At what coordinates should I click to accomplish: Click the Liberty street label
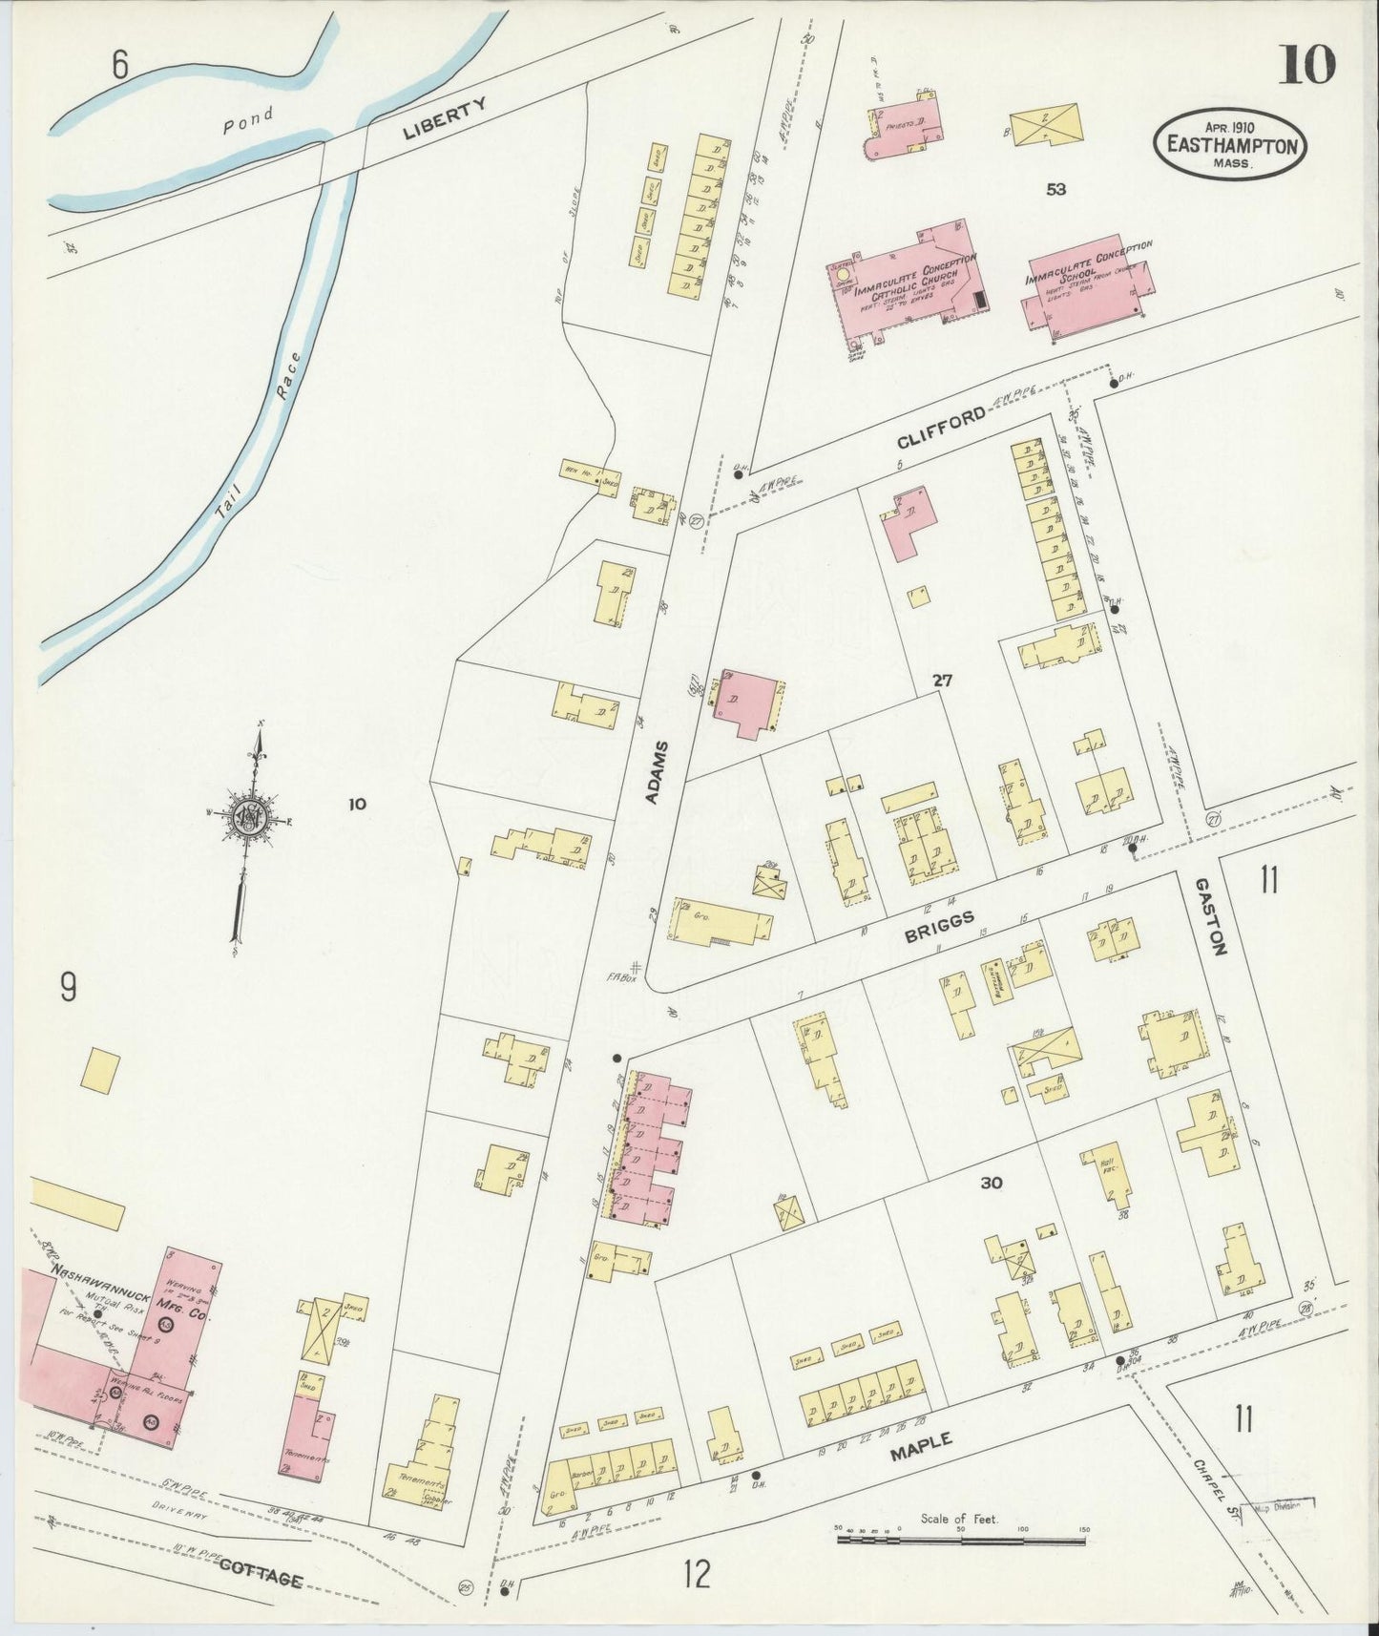445,119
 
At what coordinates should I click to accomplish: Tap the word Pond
248,119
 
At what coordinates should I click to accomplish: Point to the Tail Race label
258,430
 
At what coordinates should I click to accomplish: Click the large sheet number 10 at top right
1306,64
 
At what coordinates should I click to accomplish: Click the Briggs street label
941,926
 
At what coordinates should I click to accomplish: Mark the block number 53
1055,190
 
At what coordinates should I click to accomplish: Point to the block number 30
991,1184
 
